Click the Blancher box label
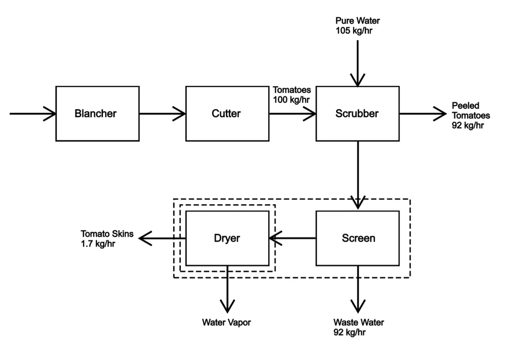[96, 113]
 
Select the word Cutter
[226, 113]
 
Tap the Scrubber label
[357, 113]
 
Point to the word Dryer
[227, 238]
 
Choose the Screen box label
[359, 238]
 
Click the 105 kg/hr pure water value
[354, 30]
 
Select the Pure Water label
[358, 21]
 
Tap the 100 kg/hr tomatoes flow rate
[291, 100]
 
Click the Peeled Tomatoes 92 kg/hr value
[468, 125]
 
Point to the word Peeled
[465, 106]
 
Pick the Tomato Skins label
[107, 234]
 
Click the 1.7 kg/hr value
[98, 244]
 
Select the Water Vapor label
[226, 322]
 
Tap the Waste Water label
[359, 322]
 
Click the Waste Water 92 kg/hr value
[349, 332]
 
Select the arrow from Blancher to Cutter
[162, 113]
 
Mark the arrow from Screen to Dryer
[292, 238]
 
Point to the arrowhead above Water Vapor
[227, 306]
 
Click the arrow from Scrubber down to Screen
[358, 175]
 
